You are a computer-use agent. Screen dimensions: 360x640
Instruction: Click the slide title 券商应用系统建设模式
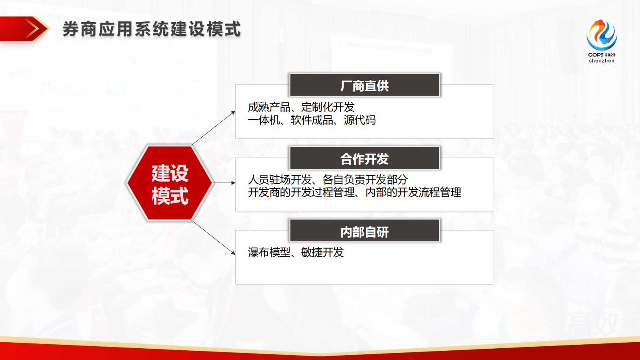152,29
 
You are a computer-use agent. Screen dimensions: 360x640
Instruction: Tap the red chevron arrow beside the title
32,29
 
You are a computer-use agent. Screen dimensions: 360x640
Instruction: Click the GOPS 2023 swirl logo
601,36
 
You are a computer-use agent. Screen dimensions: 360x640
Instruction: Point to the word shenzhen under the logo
601,61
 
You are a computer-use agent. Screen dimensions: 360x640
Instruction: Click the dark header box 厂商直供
365,86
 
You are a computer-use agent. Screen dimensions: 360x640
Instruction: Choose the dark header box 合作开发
365,159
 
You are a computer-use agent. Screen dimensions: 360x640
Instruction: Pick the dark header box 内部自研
365,232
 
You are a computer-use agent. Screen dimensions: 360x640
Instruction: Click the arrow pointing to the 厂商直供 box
214,127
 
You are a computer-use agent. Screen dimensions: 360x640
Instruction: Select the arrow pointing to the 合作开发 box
224,183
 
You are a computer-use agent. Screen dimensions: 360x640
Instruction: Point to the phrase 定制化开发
328,107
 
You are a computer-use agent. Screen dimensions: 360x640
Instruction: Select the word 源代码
360,120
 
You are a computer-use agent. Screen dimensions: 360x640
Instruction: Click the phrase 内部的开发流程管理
413,193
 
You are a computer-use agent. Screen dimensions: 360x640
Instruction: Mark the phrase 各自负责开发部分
365,180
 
